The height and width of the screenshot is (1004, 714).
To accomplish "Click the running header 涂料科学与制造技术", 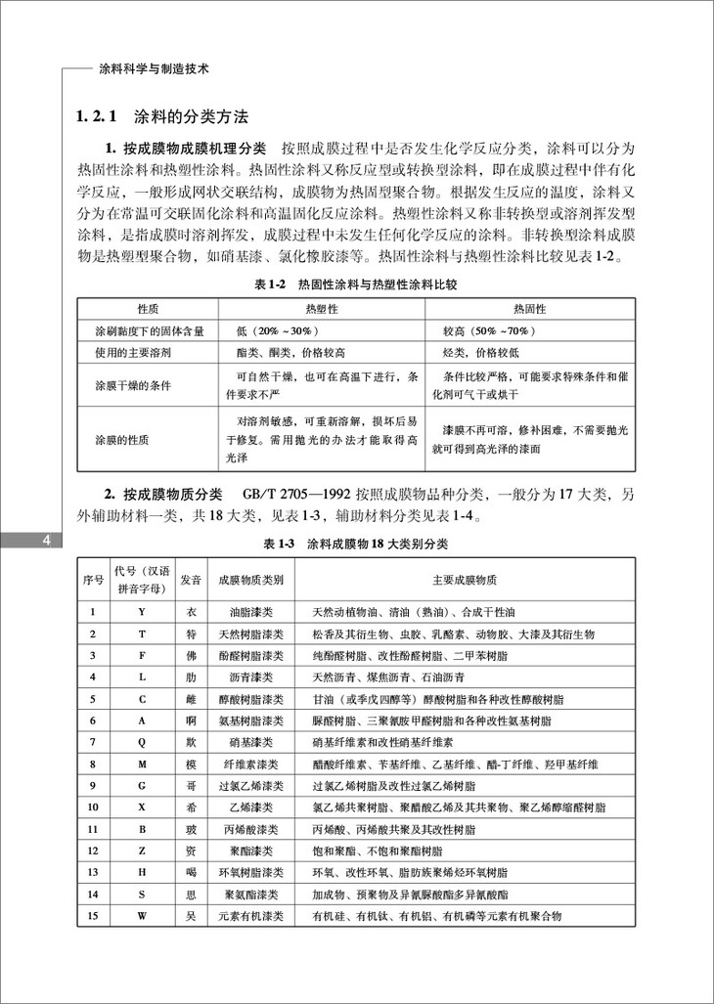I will coord(156,70).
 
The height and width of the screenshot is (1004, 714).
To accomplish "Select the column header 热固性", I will coord(529,308).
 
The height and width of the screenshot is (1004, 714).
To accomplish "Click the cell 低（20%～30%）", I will coord(278,330).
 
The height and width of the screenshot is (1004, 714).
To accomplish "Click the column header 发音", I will coord(191,580).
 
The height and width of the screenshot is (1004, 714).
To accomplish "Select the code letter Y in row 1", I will coord(142,613).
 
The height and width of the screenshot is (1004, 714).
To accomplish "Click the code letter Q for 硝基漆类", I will coord(142,742).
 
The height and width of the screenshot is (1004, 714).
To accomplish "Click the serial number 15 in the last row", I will coord(93,915).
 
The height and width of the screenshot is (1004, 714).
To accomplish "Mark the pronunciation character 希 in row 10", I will coord(191,807).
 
